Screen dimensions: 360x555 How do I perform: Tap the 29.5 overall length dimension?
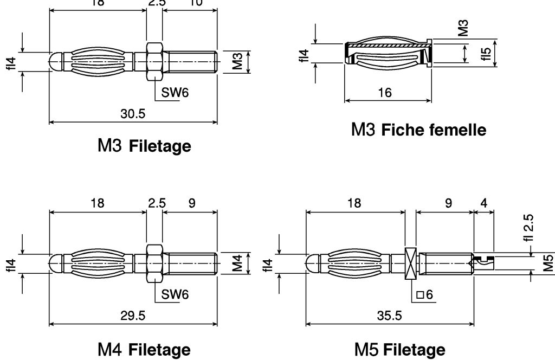133,316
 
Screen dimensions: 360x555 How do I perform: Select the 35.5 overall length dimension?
390,316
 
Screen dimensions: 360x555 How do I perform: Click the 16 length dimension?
384,93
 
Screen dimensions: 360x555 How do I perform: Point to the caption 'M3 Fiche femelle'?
419,130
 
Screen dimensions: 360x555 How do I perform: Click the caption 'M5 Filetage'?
400,350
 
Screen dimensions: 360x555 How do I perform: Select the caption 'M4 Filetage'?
144,350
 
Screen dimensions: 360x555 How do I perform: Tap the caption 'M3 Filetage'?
144,146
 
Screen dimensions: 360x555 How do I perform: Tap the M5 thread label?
548,263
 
